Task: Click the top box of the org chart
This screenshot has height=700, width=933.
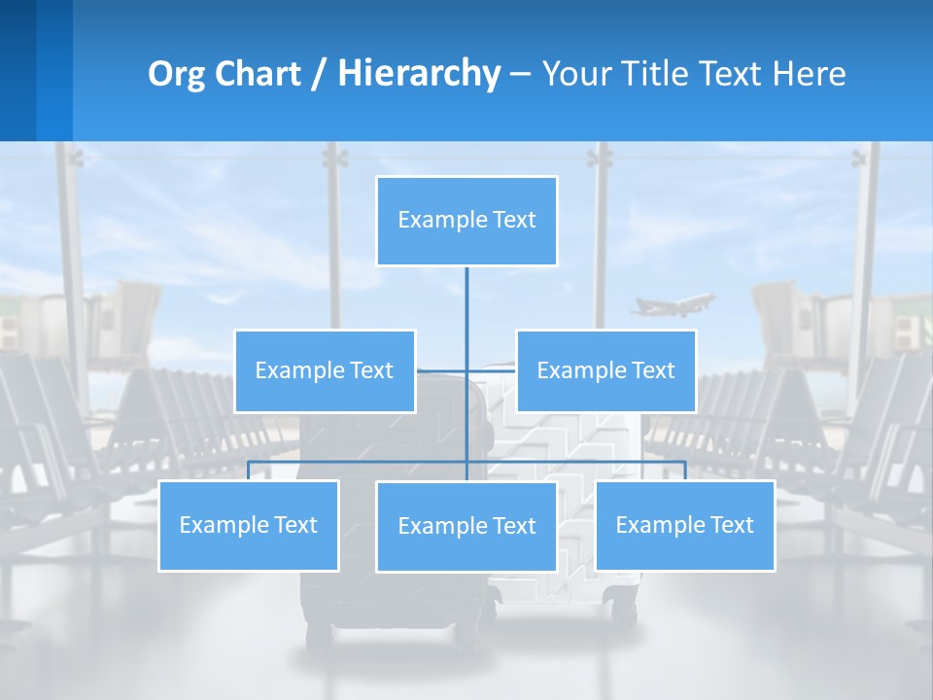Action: pos(466,221)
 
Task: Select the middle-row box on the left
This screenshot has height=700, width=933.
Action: pos(325,370)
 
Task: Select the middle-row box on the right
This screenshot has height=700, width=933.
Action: pos(605,370)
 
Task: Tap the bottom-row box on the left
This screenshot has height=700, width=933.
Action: pos(249,525)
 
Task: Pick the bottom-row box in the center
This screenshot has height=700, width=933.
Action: pos(466,526)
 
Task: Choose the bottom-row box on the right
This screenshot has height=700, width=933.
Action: pos(685,525)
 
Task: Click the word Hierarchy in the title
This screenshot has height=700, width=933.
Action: pos(419,74)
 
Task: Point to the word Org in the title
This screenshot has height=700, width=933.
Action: pos(174,74)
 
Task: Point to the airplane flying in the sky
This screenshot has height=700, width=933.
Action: pos(673,305)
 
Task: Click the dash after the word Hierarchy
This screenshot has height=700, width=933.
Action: pos(520,75)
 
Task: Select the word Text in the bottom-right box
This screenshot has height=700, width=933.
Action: pos(731,525)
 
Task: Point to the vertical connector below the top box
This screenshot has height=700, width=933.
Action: pos(466,311)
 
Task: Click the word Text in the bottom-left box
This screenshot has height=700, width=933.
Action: pos(294,525)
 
